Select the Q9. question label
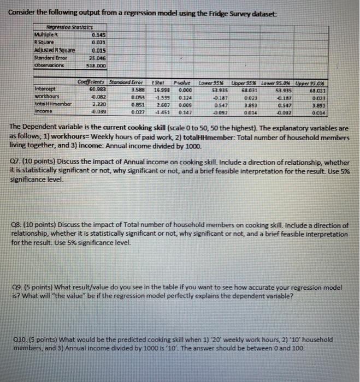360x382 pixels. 16,286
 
